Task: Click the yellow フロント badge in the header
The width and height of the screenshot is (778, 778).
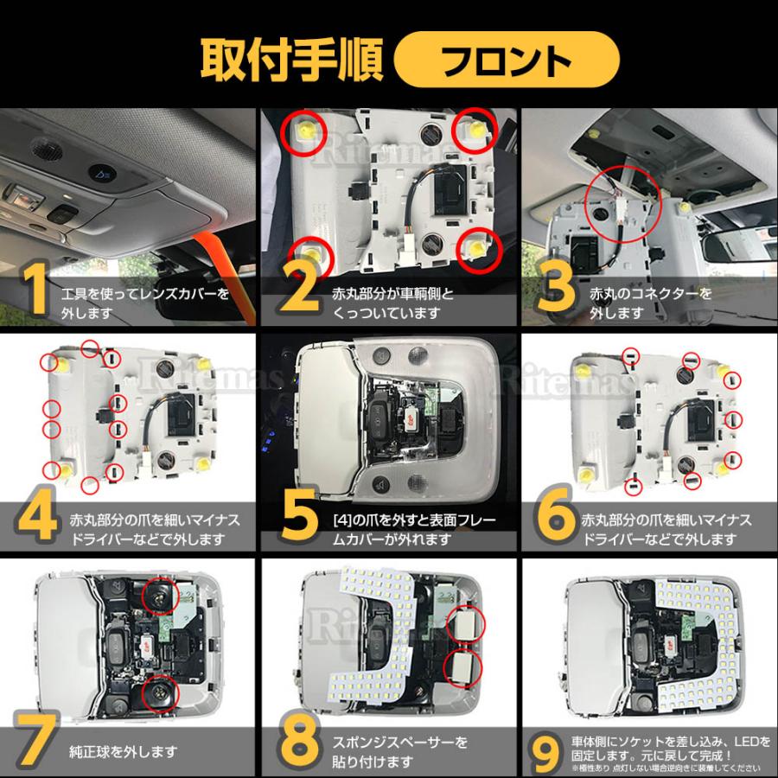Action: point(507,60)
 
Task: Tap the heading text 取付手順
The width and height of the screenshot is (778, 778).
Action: point(292,60)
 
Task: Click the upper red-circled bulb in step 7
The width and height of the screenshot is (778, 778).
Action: point(160,596)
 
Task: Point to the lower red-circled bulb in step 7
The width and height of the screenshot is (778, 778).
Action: point(160,693)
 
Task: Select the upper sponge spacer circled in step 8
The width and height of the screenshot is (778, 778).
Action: point(464,623)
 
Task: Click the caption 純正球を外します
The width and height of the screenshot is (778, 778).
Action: point(123,752)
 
